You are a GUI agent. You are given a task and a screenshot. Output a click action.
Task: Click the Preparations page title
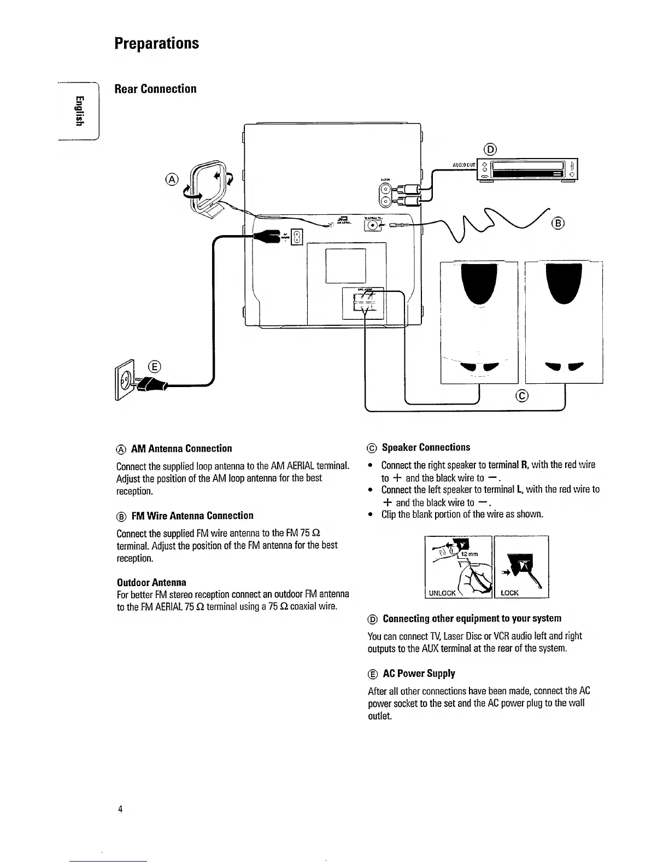[x=157, y=43]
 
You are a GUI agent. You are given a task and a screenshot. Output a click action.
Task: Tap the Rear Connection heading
[x=155, y=89]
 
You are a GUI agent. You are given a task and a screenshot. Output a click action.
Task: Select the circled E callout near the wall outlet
[x=155, y=366]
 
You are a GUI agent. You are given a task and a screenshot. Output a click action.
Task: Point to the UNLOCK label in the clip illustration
[x=442, y=593]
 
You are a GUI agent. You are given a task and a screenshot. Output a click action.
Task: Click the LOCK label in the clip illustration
[x=509, y=593]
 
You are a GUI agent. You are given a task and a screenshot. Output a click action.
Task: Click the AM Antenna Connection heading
[x=181, y=448]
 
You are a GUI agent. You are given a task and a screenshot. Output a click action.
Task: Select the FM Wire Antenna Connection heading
[x=192, y=516]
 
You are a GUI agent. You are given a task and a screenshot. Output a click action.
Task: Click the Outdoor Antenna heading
[x=151, y=582]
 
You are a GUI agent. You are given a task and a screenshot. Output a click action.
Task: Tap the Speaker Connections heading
[x=426, y=447]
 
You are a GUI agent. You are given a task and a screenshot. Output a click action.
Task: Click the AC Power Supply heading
[x=419, y=674]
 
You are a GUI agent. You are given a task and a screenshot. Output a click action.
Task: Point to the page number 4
[x=120, y=809]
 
